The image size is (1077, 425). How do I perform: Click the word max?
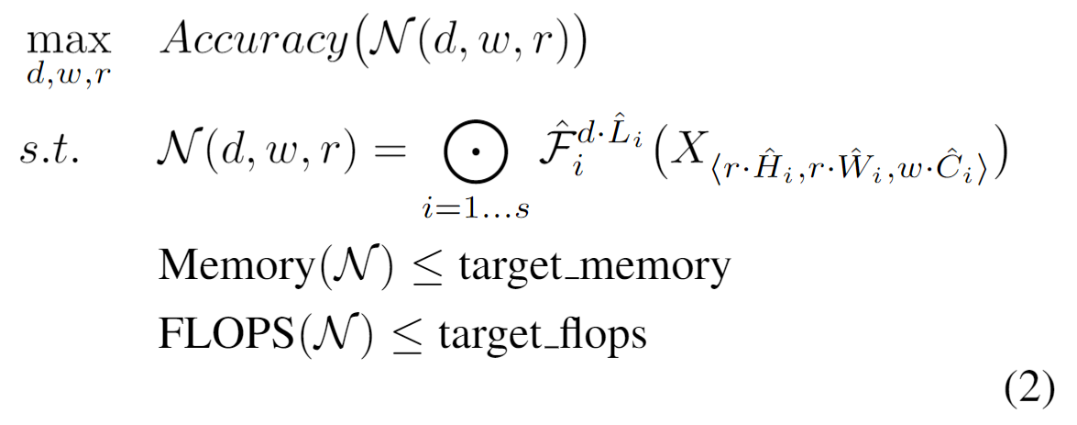68,41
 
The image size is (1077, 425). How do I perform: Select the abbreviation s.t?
53,151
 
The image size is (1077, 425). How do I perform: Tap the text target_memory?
594,268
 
